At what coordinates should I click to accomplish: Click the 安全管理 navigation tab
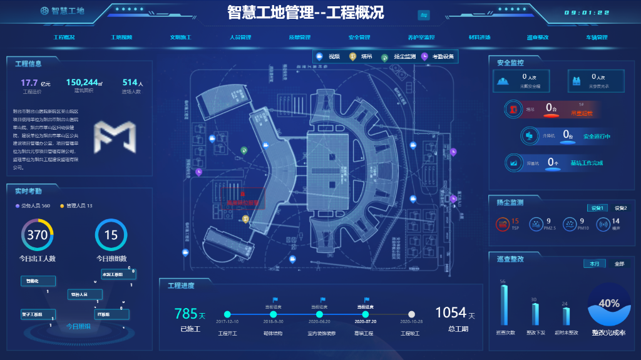point(359,37)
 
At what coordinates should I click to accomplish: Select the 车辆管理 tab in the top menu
point(597,37)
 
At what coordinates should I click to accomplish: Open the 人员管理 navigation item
point(240,37)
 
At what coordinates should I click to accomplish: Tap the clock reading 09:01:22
point(587,13)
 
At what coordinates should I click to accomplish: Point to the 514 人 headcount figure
point(131,83)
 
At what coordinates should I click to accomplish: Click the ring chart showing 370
point(38,235)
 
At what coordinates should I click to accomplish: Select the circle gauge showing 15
point(111,235)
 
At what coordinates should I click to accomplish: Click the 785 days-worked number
point(186,314)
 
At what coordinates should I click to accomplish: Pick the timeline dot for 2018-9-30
point(273,314)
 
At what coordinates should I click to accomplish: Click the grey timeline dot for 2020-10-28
point(411,314)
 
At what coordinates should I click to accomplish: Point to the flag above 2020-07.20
point(367,300)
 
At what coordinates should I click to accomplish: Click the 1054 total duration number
point(451,312)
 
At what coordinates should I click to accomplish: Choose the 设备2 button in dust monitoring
point(620,208)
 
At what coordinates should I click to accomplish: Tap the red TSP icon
point(501,224)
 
